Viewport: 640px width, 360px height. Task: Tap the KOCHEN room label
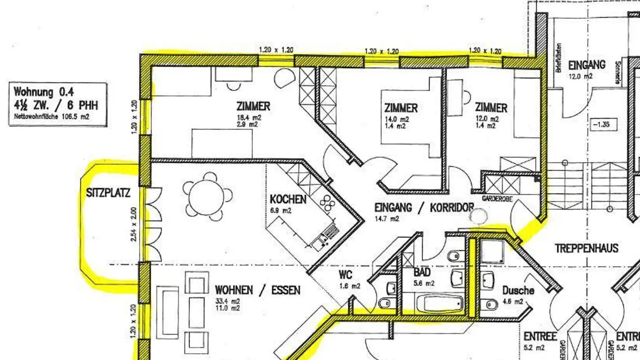tap(288, 199)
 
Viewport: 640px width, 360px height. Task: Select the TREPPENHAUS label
tap(586, 248)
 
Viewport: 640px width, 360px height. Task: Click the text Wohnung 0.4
tap(44, 92)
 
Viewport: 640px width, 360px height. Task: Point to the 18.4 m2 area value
tap(249, 118)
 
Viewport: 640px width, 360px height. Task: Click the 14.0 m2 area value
tap(397, 120)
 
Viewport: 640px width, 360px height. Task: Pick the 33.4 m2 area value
tap(228, 301)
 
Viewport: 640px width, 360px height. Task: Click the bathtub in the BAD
tap(440, 304)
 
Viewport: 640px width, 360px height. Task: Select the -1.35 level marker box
tap(604, 124)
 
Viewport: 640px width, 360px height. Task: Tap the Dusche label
tap(518, 291)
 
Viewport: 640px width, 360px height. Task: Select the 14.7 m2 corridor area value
tap(387, 218)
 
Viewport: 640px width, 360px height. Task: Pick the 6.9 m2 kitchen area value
tap(280, 211)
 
